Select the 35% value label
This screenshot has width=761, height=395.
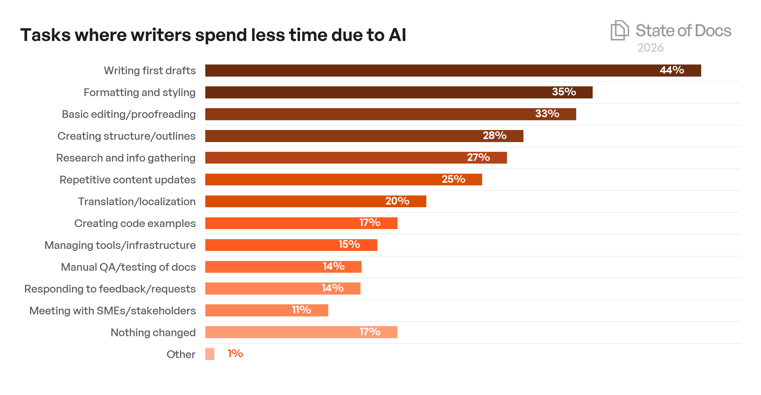coord(564,92)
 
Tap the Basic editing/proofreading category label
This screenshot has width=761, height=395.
coord(129,114)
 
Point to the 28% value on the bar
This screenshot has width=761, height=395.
coord(495,135)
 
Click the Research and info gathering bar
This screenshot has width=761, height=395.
coord(336,158)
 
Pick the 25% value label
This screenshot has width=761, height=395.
coord(453,179)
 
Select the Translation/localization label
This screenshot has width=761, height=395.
coord(137,202)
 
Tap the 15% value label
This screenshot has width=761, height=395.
coord(349,245)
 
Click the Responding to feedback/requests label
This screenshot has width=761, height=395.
coord(110,289)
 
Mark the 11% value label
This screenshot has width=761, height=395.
coord(301,310)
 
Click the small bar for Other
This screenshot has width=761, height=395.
coord(210,354)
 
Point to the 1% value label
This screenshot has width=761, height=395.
coord(235,354)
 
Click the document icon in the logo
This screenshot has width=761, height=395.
coord(620,31)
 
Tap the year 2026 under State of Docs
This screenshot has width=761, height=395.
coord(650,48)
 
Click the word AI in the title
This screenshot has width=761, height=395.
coord(397,35)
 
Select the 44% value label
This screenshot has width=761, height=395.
coord(672,70)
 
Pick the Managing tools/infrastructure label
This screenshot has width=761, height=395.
coord(120,245)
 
